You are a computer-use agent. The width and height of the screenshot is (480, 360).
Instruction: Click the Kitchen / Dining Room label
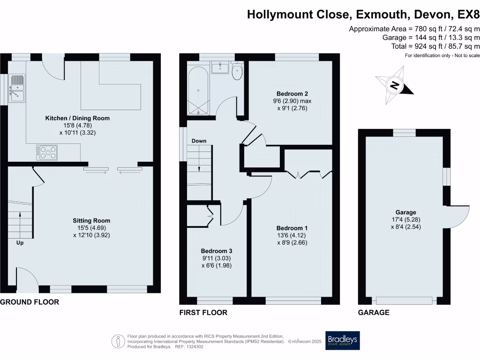pos(77,118)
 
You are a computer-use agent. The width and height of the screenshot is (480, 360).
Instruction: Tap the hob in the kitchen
pos(47,152)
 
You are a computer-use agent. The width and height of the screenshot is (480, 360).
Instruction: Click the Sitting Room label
pos(91,220)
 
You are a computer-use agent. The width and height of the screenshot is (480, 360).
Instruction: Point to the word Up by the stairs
pos(20,243)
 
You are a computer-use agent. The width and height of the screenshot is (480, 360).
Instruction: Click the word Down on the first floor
pos(199,141)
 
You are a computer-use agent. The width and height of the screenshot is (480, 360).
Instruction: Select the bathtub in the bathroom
pos(198,90)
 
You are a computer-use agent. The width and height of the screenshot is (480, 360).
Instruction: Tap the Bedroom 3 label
pos(216,250)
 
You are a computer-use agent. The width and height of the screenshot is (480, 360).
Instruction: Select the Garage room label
pos(405,212)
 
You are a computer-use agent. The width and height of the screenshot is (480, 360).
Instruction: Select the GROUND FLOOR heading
pos(30,302)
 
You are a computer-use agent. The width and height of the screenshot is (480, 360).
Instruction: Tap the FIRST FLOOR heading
pos(203,313)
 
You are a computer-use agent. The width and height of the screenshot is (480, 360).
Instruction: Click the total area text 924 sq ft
pos(435,46)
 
